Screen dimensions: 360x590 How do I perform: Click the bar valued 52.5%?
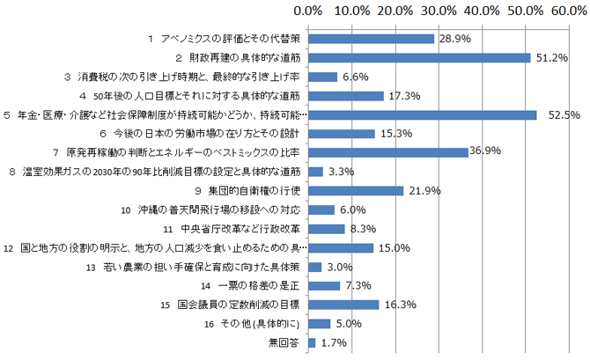(x=423, y=114)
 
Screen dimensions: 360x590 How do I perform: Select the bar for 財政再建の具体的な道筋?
(x=419, y=57)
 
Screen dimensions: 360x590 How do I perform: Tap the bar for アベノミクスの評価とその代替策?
(x=372, y=39)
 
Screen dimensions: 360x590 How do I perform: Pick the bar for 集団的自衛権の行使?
(x=356, y=190)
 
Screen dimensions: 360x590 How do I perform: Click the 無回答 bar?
(x=312, y=342)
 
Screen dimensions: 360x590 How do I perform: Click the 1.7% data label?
(x=333, y=342)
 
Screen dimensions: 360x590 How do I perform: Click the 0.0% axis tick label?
(x=308, y=11)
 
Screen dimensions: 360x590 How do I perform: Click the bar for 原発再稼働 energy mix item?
(x=388, y=152)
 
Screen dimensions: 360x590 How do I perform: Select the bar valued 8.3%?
(x=326, y=228)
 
